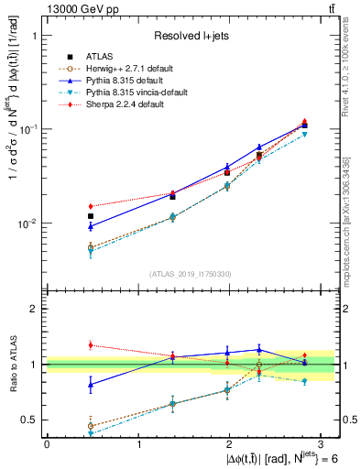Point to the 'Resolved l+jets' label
190,36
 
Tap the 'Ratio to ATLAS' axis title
16,365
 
